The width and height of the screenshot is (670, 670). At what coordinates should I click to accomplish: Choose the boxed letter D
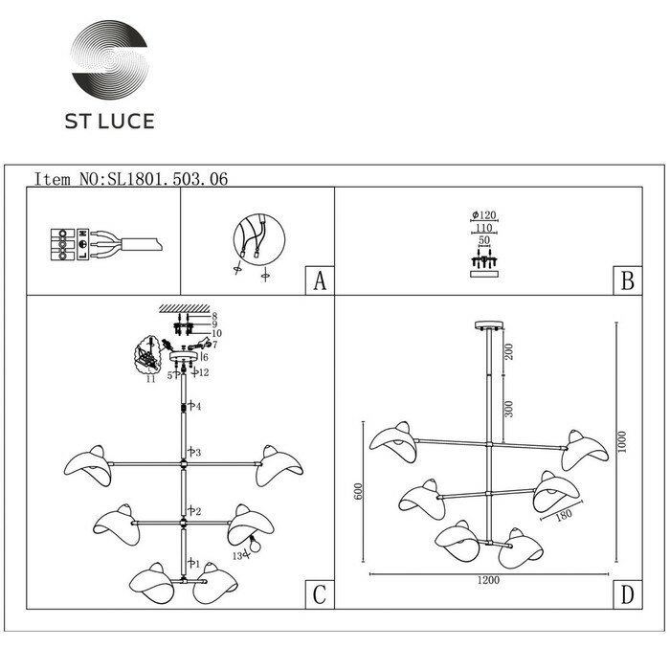click(626, 595)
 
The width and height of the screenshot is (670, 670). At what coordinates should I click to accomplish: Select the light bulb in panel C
click(253, 547)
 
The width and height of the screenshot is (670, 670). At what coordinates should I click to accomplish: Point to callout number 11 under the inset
click(149, 380)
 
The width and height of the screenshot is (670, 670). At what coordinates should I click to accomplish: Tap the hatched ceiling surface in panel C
click(183, 308)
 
